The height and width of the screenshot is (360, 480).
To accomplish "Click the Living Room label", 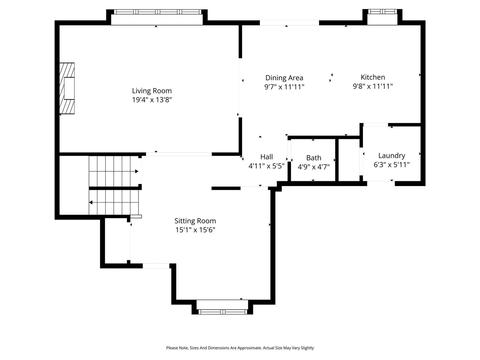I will pyautogui.click(x=152, y=91).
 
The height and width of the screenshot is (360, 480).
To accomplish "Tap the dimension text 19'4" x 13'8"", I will pyautogui.click(x=152, y=100).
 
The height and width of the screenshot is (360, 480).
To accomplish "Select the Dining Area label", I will pyautogui.click(x=284, y=78).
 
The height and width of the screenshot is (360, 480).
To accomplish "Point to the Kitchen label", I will pyautogui.click(x=373, y=77).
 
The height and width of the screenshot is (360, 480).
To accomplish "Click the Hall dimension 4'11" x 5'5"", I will pyautogui.click(x=267, y=166).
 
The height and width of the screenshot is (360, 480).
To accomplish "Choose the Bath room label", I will pyautogui.click(x=313, y=158).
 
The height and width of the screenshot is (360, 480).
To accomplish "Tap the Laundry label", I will pyautogui.click(x=391, y=156).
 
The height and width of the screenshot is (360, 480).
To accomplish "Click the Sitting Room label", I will pyautogui.click(x=195, y=221).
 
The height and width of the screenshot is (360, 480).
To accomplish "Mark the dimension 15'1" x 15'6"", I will pyautogui.click(x=195, y=230).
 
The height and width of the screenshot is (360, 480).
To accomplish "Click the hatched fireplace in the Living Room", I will pyautogui.click(x=67, y=88).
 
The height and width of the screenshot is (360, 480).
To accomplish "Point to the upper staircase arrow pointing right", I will pyautogui.click(x=136, y=171).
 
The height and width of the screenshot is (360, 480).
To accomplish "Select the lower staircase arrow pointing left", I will pyautogui.click(x=91, y=202).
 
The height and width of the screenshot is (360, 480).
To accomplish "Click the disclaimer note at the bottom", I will pyautogui.click(x=240, y=348).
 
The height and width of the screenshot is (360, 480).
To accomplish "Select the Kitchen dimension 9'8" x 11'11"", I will pyautogui.click(x=373, y=86).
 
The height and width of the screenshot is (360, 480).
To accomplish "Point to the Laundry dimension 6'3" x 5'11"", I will pyautogui.click(x=391, y=165).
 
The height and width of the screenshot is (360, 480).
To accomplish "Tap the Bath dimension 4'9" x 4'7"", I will pyautogui.click(x=313, y=167).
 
